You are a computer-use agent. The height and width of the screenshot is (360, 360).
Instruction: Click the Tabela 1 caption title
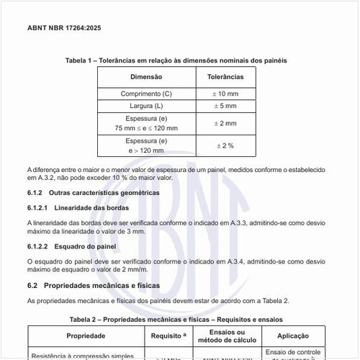point(176,60)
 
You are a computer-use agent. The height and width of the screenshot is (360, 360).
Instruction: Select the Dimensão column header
point(146,76)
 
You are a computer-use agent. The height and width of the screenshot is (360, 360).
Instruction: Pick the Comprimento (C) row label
point(146,94)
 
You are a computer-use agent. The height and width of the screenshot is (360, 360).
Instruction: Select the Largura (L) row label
point(146,106)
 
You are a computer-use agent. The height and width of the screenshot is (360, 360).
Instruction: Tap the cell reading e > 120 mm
point(146,151)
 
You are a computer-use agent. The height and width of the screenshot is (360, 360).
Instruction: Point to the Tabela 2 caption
point(176,319)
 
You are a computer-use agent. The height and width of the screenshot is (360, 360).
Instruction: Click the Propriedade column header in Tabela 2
point(86,336)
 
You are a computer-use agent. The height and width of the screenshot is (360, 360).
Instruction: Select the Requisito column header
point(169,336)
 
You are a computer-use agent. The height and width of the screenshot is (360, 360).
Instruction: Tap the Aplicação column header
point(293,336)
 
